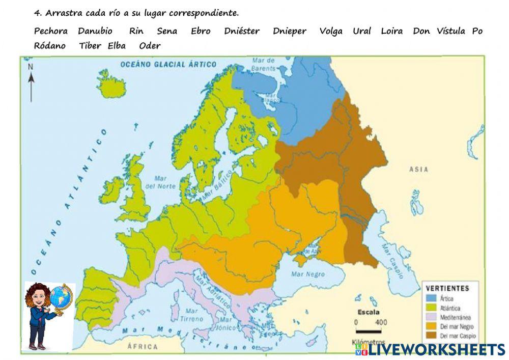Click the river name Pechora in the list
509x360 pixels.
click(x=50, y=31)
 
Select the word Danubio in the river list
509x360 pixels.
click(x=95, y=31)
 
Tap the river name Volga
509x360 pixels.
click(x=331, y=31)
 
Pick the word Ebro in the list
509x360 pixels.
click(x=201, y=31)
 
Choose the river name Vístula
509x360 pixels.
click(x=450, y=31)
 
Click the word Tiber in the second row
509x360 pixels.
click(x=90, y=46)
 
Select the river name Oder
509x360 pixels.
click(x=150, y=46)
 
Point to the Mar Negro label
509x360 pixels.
click(x=307, y=274)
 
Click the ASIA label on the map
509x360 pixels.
click(x=419, y=169)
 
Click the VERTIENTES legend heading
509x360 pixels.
click(x=447, y=288)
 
